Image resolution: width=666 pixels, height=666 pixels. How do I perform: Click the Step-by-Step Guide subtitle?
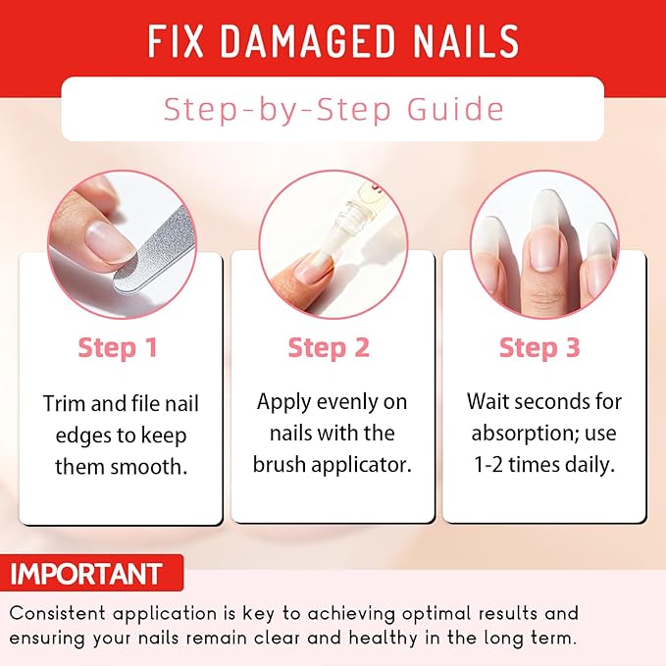point(333,108)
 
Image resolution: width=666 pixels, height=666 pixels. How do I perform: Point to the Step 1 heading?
point(117,347)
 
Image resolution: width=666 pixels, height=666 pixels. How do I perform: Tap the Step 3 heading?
point(539,347)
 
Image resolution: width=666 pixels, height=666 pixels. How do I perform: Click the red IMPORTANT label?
point(86,573)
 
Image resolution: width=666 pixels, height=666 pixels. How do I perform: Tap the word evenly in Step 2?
point(342,402)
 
